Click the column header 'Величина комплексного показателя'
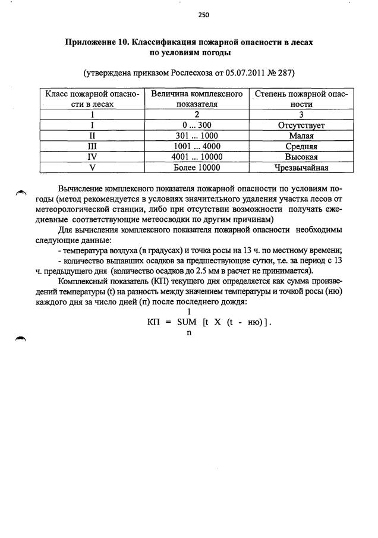click(x=196, y=99)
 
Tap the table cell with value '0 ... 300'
click(x=196, y=125)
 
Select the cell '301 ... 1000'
click(x=196, y=136)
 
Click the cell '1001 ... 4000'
click(x=196, y=146)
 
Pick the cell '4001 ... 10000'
click(x=196, y=156)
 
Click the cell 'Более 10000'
click(x=196, y=167)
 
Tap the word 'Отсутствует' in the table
click(x=301, y=125)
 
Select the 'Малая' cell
click(x=301, y=136)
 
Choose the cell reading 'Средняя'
click(x=301, y=146)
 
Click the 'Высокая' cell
click(x=301, y=156)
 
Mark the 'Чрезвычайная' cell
click(x=301, y=167)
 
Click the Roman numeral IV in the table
click(x=92, y=156)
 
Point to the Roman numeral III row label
click(x=92, y=146)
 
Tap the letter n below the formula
click(x=188, y=333)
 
